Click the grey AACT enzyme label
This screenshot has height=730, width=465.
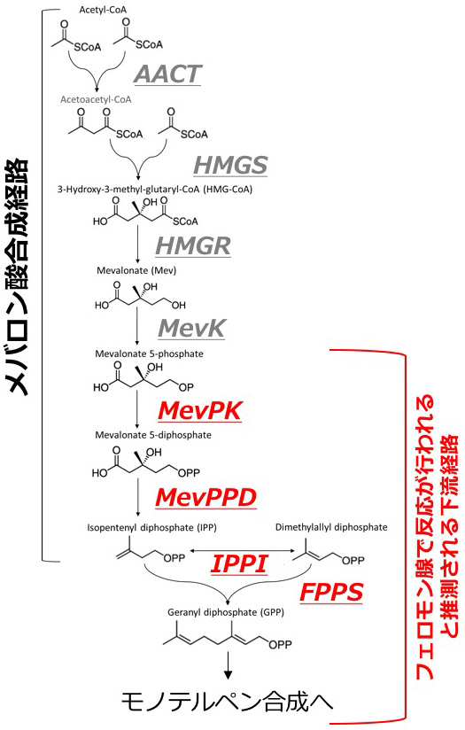[x=167, y=74]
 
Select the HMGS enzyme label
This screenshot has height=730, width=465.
[x=230, y=165]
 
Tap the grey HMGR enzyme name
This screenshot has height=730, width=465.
[x=193, y=245]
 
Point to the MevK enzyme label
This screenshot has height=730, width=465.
[x=192, y=328]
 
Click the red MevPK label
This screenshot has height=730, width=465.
[x=200, y=411]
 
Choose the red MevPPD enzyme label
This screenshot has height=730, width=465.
[x=205, y=497]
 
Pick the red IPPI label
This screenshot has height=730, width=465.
[x=239, y=563]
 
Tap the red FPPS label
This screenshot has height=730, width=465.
[x=331, y=592]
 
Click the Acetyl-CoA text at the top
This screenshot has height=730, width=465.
[x=103, y=10]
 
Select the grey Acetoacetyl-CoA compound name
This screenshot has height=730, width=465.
[x=96, y=99]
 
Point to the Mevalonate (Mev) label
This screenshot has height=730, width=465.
[x=136, y=270]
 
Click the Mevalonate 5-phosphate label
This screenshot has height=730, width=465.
[x=149, y=353]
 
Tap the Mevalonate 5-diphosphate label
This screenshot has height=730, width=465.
[x=153, y=435]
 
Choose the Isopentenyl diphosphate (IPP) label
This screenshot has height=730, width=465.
[x=151, y=527]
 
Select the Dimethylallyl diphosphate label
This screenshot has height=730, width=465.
[x=331, y=527]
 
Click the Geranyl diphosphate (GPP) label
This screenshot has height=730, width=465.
[x=226, y=612]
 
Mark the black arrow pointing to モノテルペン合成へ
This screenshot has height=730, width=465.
[x=228, y=665]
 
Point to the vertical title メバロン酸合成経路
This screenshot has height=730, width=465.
[x=19, y=277]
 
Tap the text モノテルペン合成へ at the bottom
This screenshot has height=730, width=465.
[x=228, y=702]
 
